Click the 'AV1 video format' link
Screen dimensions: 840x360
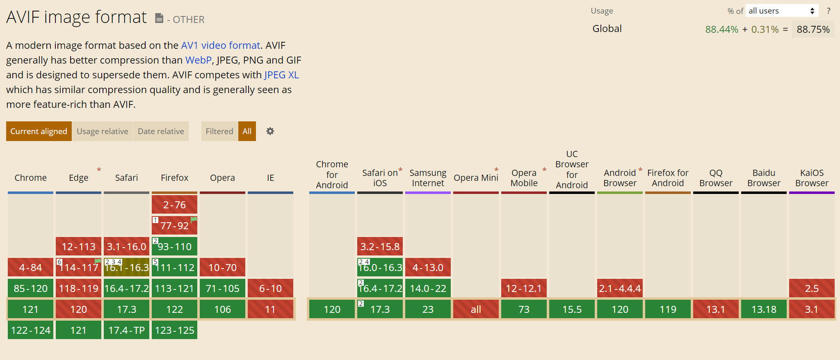click(x=221, y=45)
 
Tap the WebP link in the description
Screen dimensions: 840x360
click(x=199, y=60)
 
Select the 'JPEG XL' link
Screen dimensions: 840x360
click(x=281, y=75)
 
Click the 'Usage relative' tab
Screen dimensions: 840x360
click(x=103, y=131)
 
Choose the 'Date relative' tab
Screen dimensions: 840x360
click(x=161, y=131)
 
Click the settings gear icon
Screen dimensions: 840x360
click(x=270, y=131)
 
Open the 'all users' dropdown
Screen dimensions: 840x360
click(x=782, y=11)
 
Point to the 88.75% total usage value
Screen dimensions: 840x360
click(x=813, y=29)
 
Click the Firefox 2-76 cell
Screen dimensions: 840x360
click(x=174, y=205)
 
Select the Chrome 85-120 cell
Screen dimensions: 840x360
click(x=30, y=288)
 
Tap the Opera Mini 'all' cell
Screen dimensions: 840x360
click(x=476, y=309)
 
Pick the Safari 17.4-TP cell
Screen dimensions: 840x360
click(x=126, y=330)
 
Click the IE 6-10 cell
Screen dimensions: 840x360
click(x=270, y=288)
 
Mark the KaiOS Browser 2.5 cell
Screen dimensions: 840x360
click(x=812, y=288)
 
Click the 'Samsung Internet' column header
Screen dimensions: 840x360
click(x=428, y=178)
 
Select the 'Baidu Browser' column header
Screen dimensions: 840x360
click(x=764, y=178)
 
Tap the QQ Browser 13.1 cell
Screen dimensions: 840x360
click(x=716, y=309)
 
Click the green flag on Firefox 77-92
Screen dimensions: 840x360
click(x=194, y=220)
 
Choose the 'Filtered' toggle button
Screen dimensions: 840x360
click(x=219, y=131)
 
